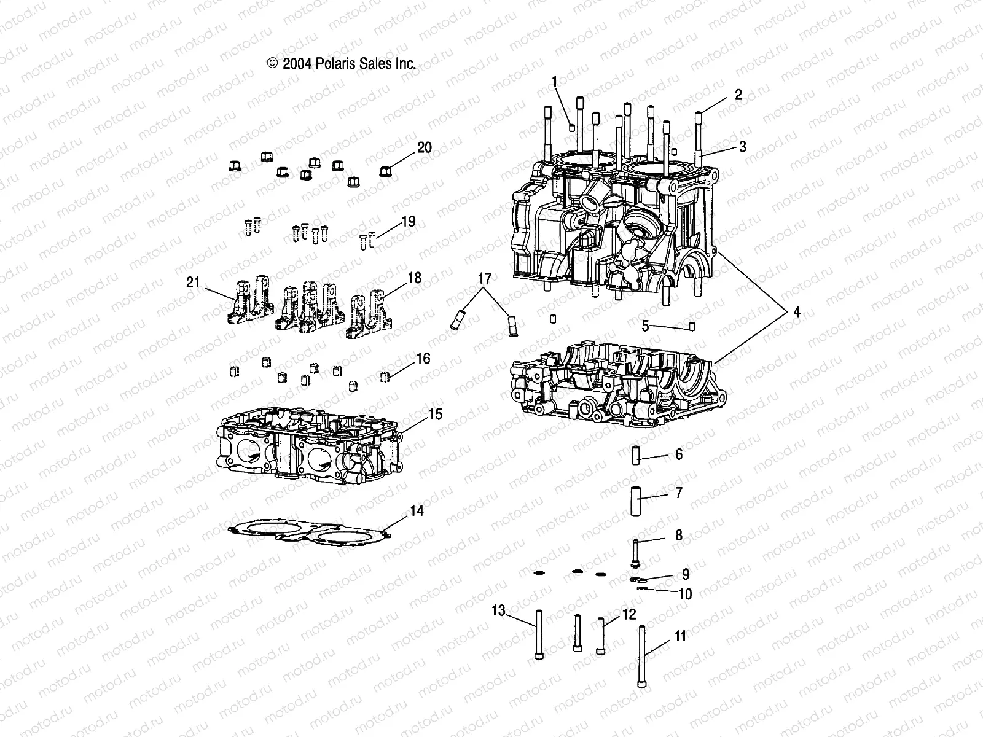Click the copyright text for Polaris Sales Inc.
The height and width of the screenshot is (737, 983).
(342, 63)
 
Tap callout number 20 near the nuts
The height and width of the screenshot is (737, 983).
(442, 147)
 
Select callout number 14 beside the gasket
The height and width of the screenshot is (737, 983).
(417, 510)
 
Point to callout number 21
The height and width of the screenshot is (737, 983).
(194, 282)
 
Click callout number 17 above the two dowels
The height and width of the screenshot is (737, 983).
(485, 279)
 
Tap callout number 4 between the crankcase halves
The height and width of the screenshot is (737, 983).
(796, 312)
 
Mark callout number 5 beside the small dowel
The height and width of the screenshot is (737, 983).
(645, 326)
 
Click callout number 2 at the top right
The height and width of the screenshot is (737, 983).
(738, 95)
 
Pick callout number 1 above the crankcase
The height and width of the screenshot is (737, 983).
(555, 81)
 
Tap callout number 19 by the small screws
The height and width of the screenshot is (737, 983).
(409, 222)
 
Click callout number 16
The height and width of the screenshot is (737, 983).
(423, 359)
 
